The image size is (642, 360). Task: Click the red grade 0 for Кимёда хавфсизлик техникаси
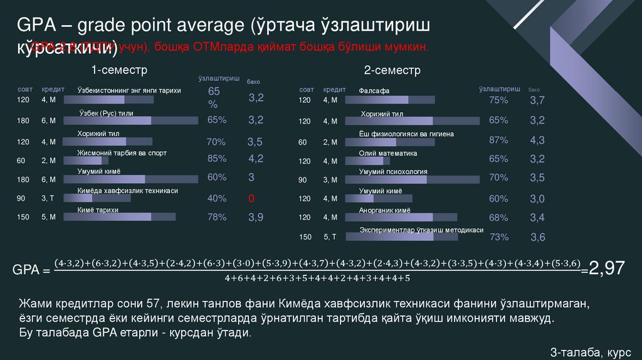(251, 199)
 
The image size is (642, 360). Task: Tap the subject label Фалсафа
(374, 90)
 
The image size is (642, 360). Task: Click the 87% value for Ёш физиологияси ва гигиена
(498, 140)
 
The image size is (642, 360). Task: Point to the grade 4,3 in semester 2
(537, 140)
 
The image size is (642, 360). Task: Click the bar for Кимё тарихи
(126, 217)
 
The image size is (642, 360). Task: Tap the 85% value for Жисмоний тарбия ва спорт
(217, 158)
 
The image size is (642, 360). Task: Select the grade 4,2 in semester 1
(255, 158)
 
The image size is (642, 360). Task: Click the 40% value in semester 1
(217, 198)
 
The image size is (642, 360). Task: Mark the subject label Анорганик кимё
(384, 211)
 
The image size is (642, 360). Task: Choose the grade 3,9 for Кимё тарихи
(255, 217)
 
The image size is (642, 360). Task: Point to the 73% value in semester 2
(498, 237)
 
